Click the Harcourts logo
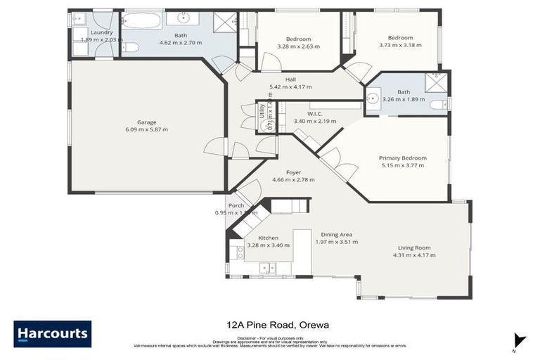click(x=52, y=333)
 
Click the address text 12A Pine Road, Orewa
click(x=270, y=325)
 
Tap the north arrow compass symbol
click(x=519, y=340)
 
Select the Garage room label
click(x=146, y=122)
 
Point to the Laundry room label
click(x=101, y=32)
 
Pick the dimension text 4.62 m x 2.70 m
click(x=180, y=43)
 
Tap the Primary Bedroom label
click(x=399, y=158)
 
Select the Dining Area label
click(x=336, y=234)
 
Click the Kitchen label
click(x=268, y=238)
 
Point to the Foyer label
click(x=293, y=172)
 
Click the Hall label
click(x=290, y=79)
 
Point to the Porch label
click(x=236, y=205)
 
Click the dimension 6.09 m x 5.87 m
click(x=146, y=129)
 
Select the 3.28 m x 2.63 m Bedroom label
click(x=298, y=39)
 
